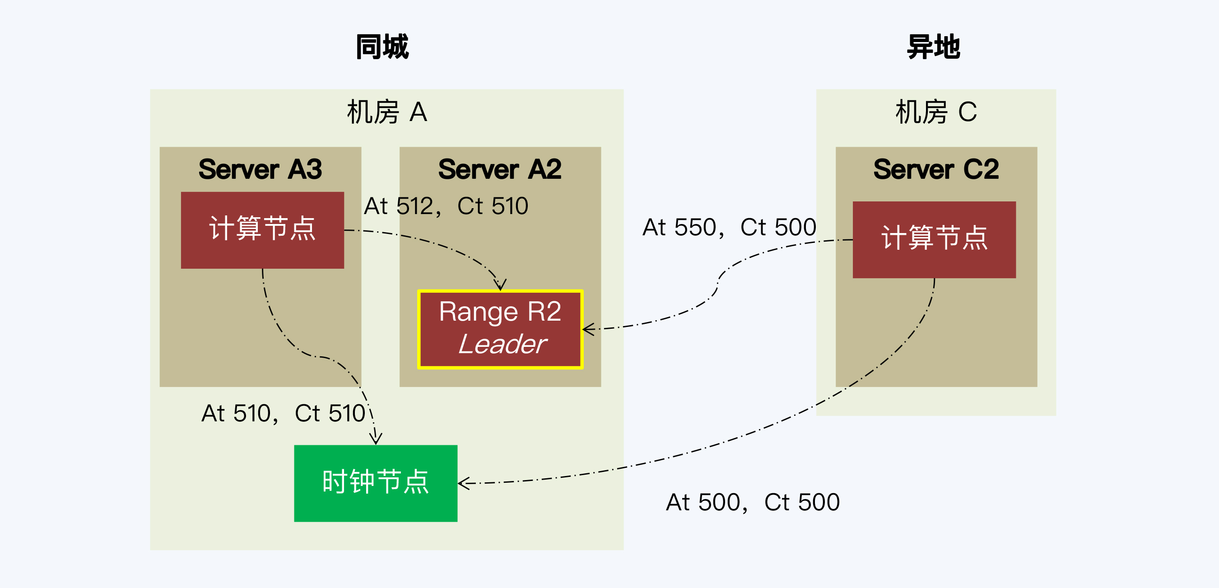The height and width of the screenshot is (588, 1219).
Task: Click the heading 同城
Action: click(382, 47)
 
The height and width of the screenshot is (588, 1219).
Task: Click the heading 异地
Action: click(933, 47)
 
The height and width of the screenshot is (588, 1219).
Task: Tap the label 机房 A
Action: click(386, 112)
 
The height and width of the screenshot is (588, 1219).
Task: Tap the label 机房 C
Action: click(935, 112)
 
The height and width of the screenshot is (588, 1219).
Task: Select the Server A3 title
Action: click(260, 169)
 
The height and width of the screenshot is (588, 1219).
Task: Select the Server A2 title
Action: click(500, 169)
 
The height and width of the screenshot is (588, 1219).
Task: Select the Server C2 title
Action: click(935, 169)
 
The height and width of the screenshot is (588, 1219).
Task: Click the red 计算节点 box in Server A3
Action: click(262, 230)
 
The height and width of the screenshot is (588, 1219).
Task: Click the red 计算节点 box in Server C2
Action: click(934, 239)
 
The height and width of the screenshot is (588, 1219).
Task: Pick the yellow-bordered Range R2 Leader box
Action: click(500, 329)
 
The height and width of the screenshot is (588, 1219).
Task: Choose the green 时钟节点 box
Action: click(376, 483)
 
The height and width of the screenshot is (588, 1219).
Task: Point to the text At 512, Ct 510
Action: click(446, 206)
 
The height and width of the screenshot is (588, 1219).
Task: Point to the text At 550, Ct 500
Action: click(729, 227)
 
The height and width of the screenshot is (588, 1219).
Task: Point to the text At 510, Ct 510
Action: click(284, 413)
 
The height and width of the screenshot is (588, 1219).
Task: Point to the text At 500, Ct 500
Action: click(753, 502)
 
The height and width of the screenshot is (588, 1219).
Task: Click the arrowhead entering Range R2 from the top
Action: click(500, 285)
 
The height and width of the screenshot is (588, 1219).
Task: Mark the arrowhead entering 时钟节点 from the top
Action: click(376, 440)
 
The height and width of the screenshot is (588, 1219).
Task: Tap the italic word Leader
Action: click(502, 344)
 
